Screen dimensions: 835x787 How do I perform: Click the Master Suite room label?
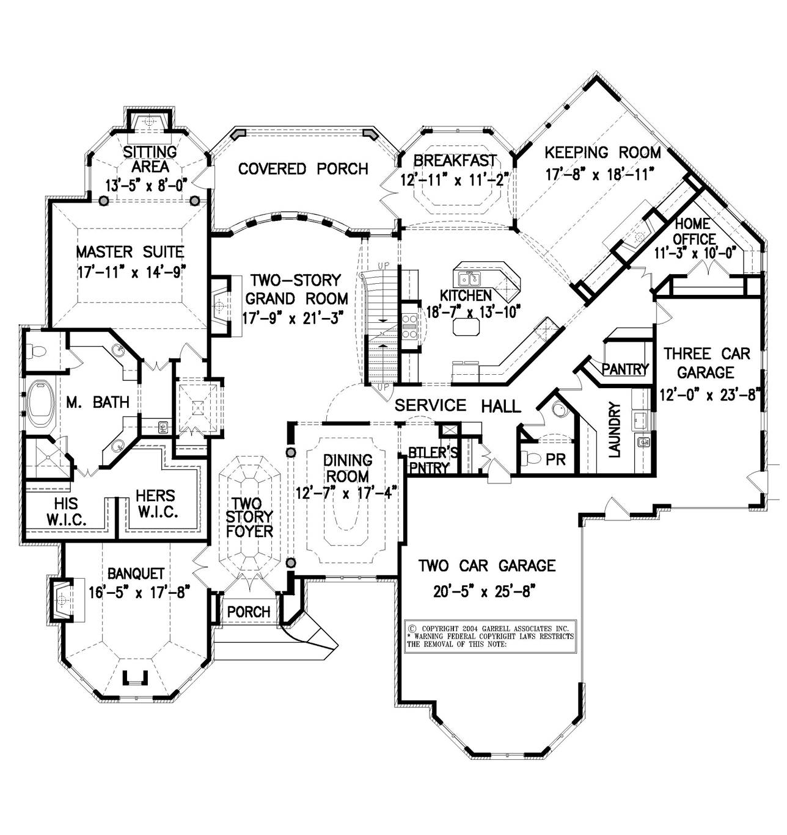130,251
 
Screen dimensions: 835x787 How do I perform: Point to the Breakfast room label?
455,161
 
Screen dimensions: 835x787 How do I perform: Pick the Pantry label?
624,369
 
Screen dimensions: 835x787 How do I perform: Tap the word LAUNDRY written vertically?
614,429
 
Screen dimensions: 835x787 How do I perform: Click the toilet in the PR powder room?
530,458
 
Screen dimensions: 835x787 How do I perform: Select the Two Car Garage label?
486,566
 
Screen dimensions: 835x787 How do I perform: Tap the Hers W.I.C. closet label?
156,504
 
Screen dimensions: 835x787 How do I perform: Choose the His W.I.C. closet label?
66,512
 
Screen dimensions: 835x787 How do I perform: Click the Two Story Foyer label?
249,517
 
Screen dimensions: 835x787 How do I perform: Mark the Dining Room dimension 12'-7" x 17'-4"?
346,492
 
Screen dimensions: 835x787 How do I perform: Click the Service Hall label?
457,405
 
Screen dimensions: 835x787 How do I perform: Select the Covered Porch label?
303,168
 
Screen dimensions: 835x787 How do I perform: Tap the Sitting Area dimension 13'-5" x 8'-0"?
145,182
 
